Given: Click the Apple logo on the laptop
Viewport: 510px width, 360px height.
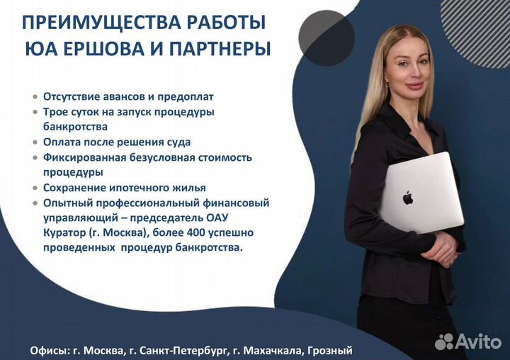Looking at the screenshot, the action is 408,198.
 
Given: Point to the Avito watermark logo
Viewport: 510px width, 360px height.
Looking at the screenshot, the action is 468,342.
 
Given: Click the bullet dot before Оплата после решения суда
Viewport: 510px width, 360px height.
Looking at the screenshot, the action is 35,142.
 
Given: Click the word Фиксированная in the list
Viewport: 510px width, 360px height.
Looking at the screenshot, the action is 84,157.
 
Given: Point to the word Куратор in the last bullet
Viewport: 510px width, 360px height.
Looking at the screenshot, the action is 64,232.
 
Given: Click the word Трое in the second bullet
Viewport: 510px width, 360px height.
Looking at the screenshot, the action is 55,112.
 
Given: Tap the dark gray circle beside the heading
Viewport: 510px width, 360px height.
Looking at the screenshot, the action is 327,38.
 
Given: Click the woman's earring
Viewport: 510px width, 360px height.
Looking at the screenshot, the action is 387,86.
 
